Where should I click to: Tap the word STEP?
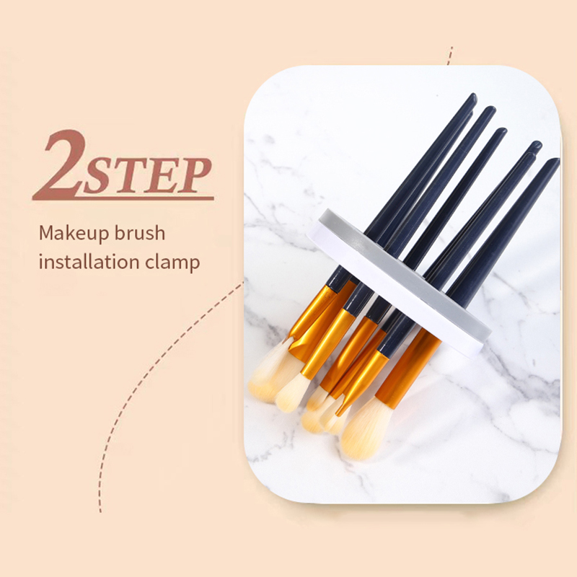pyautogui.click(x=147, y=176)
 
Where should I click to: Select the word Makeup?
pyautogui.click(x=74, y=233)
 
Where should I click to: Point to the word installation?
pyautogui.click(x=89, y=262)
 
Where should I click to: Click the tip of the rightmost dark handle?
pyautogui.click(x=555, y=161)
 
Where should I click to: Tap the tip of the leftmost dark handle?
pyautogui.click(x=473, y=97)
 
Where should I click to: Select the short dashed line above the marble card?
pyautogui.click(x=449, y=56)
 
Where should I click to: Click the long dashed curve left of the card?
pyautogui.click(x=147, y=375)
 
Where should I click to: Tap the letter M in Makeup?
pyautogui.click(x=48, y=233)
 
